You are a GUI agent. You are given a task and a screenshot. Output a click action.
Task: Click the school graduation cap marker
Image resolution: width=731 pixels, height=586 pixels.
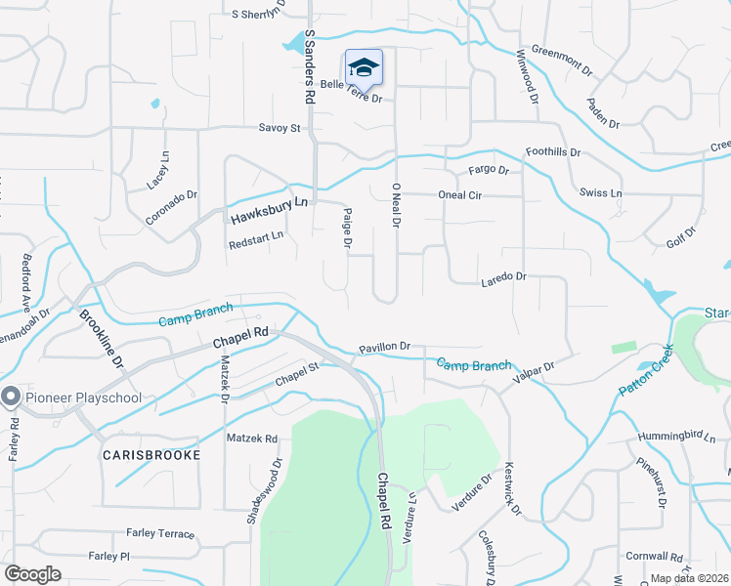[364, 67]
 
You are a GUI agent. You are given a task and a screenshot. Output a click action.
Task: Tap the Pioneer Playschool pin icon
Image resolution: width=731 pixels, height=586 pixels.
[11, 397]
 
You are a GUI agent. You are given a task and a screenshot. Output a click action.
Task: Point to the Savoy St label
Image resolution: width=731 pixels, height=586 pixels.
[279, 127]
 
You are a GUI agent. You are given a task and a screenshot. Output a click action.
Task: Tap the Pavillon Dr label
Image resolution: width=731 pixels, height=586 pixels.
[384, 346]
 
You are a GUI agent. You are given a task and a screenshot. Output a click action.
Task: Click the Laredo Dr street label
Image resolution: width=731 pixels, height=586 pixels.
[503, 277]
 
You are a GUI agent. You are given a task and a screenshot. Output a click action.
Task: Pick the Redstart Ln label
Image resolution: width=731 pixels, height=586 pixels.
[255, 235]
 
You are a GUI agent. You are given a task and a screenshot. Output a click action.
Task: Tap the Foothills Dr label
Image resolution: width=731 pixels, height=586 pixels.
[553, 152]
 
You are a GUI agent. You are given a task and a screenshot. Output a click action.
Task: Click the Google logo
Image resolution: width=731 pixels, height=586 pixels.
[33, 574]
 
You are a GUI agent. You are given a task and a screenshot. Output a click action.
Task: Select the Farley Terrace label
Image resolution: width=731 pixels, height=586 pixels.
[160, 534]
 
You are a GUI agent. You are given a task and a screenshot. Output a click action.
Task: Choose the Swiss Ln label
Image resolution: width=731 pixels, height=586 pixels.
[600, 193]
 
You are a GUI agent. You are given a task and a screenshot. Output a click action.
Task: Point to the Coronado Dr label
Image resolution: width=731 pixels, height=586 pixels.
[172, 194]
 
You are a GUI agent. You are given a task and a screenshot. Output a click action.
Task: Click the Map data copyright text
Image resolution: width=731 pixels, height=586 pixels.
[690, 578]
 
